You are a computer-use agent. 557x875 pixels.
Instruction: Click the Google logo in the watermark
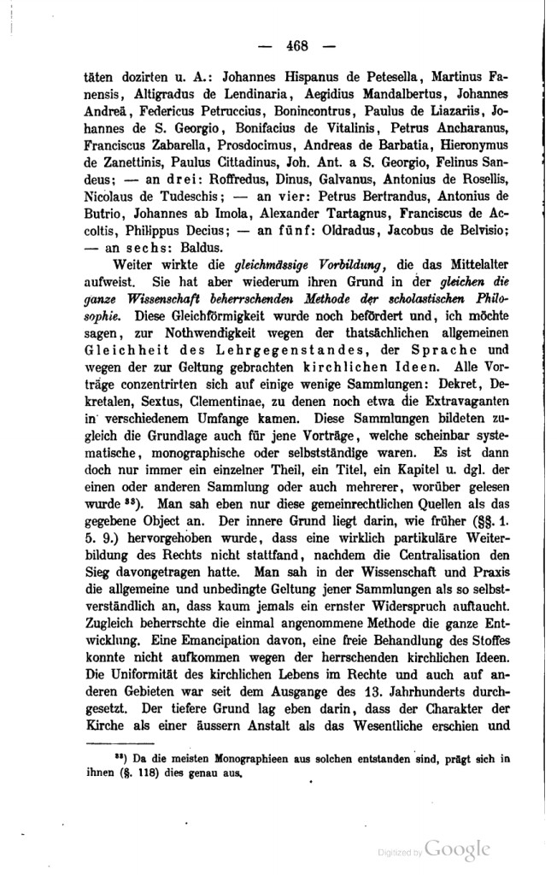(458, 849)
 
